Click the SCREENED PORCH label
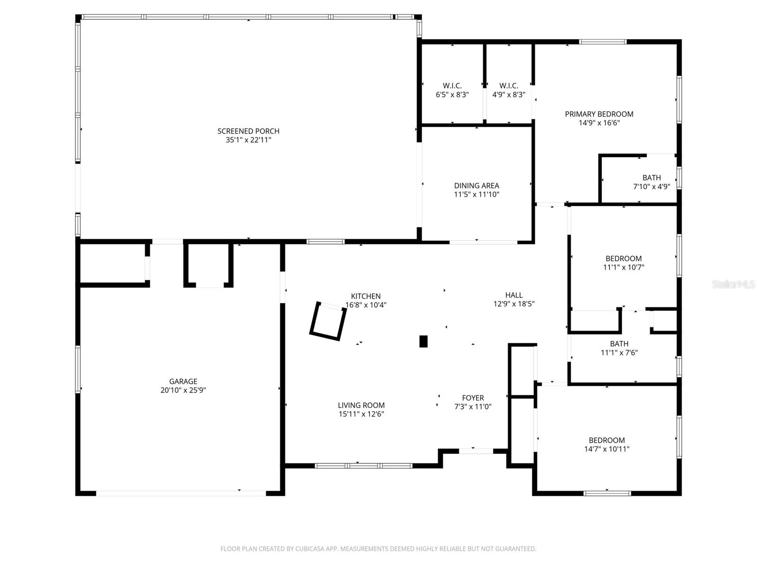248,131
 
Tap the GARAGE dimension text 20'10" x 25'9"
183,390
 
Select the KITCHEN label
366,296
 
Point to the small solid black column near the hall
423,341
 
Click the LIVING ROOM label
361,405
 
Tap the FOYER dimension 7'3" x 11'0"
473,407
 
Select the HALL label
514,295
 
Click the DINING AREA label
476,186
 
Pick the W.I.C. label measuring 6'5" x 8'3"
452,86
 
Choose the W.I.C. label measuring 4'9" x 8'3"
509,86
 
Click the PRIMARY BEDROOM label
599,114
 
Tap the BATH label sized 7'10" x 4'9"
651,177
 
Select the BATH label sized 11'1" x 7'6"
619,344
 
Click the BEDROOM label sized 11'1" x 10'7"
624,258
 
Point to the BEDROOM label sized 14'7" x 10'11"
607,440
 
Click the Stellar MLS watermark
733,284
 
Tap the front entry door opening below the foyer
476,451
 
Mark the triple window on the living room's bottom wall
363,466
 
